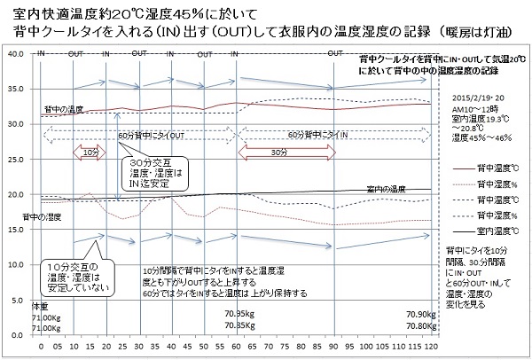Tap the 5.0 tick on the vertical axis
click(x=18, y=300)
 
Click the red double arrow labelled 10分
click(x=90, y=153)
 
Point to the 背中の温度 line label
click(x=64, y=109)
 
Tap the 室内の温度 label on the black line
click(x=382, y=188)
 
